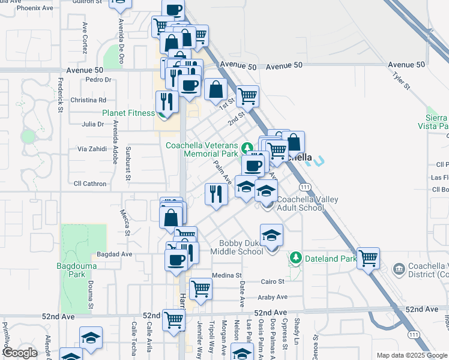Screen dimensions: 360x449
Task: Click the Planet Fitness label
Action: coord(128,112)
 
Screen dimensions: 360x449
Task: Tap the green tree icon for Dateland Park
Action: coord(295,258)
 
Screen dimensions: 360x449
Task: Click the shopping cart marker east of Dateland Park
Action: coord(368,259)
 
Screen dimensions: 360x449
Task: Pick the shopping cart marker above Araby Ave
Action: coord(200,289)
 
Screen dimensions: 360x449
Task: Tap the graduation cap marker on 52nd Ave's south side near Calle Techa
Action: coord(91,338)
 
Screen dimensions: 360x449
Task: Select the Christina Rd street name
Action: coord(88,100)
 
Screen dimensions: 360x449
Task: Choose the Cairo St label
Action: coord(273,281)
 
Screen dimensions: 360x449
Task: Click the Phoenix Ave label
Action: coord(35,8)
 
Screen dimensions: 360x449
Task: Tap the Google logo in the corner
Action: coord(20,353)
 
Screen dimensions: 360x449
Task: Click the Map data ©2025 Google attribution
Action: coord(412,355)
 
